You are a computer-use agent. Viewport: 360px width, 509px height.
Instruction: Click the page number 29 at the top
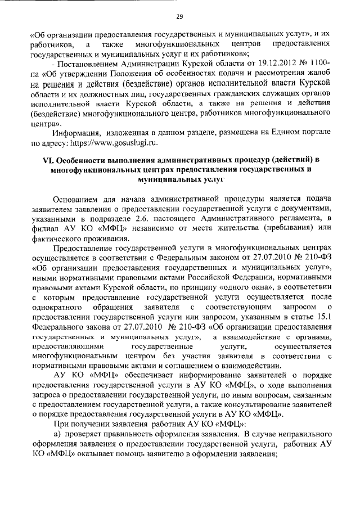point(180,16)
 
